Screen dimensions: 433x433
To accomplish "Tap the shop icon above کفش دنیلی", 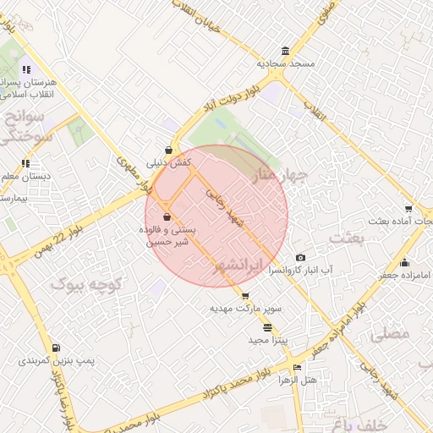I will pos(169,150).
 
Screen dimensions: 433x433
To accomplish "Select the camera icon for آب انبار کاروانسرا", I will pos(300,258).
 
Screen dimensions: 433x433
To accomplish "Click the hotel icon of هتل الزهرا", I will pos(296,368).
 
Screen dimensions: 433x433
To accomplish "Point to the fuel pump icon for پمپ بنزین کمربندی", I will pos(56,348).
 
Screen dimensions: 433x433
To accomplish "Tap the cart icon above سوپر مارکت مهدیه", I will pos(245,296).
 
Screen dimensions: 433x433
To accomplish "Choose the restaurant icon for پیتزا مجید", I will pos(268,327).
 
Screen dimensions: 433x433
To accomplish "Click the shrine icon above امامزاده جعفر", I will pos(404,262).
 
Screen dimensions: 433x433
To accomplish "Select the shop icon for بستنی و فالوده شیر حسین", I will pos(167,217).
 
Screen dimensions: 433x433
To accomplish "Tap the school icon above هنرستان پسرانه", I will pos(26,69).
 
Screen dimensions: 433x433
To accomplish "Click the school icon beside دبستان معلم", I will pos(26,163).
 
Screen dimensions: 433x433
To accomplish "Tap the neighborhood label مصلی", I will pos(389,333).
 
